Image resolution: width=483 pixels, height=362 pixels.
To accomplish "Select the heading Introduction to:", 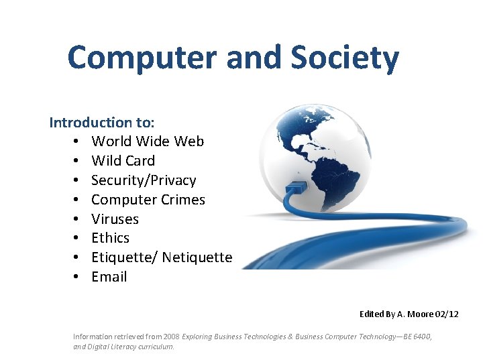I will (102, 122).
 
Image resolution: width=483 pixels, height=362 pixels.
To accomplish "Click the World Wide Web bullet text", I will (148, 141).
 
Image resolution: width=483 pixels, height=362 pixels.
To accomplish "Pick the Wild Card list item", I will (123, 161).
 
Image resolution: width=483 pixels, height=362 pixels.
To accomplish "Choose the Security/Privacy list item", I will (144, 180).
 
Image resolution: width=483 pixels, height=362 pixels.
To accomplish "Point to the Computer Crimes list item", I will (148, 200).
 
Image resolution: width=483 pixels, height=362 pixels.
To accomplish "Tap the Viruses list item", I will (115, 219).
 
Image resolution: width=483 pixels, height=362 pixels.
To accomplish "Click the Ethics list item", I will (110, 238).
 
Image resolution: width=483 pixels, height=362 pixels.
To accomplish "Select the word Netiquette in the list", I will (197, 257).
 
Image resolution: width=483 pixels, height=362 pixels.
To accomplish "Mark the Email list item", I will (109, 277).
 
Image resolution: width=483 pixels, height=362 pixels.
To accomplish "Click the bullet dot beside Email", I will (78, 277).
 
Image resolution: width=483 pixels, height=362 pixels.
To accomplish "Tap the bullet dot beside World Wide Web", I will (78, 141).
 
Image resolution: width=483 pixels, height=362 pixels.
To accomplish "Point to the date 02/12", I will (447, 314).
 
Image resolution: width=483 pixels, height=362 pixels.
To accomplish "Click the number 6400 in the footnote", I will (419, 337).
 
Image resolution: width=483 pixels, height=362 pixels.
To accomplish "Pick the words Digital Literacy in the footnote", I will (110, 347).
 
